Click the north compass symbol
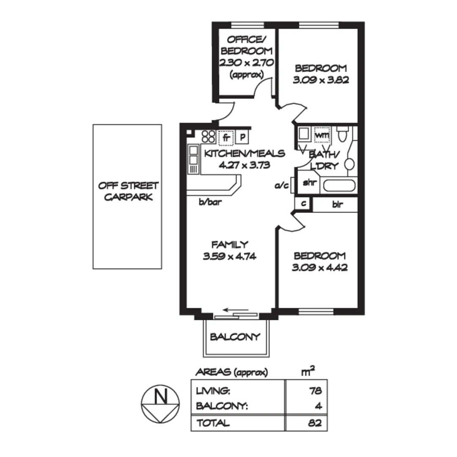coord(160,405)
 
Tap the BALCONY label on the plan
coord(235,337)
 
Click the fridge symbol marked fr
coord(226,137)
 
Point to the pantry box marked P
coord(242,137)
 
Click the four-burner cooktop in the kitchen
coord(208,136)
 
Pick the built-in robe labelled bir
coord(337,205)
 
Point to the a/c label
coord(282,185)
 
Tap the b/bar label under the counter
coord(210,202)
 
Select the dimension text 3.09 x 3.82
coord(321,80)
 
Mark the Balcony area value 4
coord(319,406)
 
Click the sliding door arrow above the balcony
coord(232,310)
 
